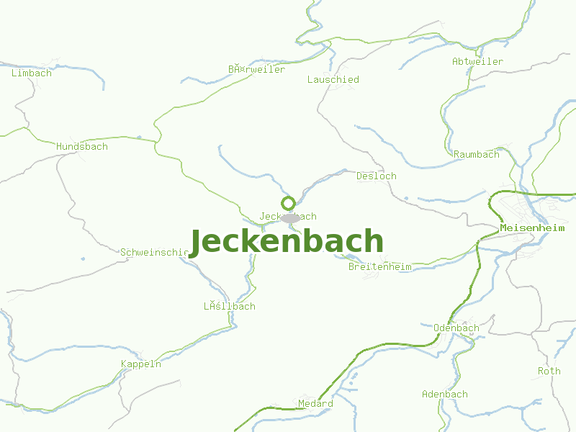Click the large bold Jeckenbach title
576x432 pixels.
[x=287, y=242]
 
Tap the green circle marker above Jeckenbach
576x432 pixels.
[x=288, y=203]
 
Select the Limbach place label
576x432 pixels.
[x=32, y=73]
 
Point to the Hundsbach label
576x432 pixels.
[x=82, y=146]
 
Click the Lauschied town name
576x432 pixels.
[x=333, y=79]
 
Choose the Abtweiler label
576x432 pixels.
[x=477, y=61]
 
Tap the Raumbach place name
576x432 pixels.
[x=476, y=154]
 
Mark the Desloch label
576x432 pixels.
[x=376, y=176]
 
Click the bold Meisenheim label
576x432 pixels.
[x=532, y=228]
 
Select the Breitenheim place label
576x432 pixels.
[x=379, y=266]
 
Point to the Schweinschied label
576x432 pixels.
[x=154, y=252]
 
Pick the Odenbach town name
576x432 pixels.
[x=456, y=328]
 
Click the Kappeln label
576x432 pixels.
[x=141, y=364]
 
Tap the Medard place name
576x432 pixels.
[x=315, y=403]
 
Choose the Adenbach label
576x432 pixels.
[x=444, y=394]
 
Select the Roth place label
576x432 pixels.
[x=549, y=371]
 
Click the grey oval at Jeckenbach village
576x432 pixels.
[x=290, y=218]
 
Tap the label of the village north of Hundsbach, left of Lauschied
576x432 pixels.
[x=256, y=69]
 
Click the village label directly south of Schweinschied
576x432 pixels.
[x=229, y=306]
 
